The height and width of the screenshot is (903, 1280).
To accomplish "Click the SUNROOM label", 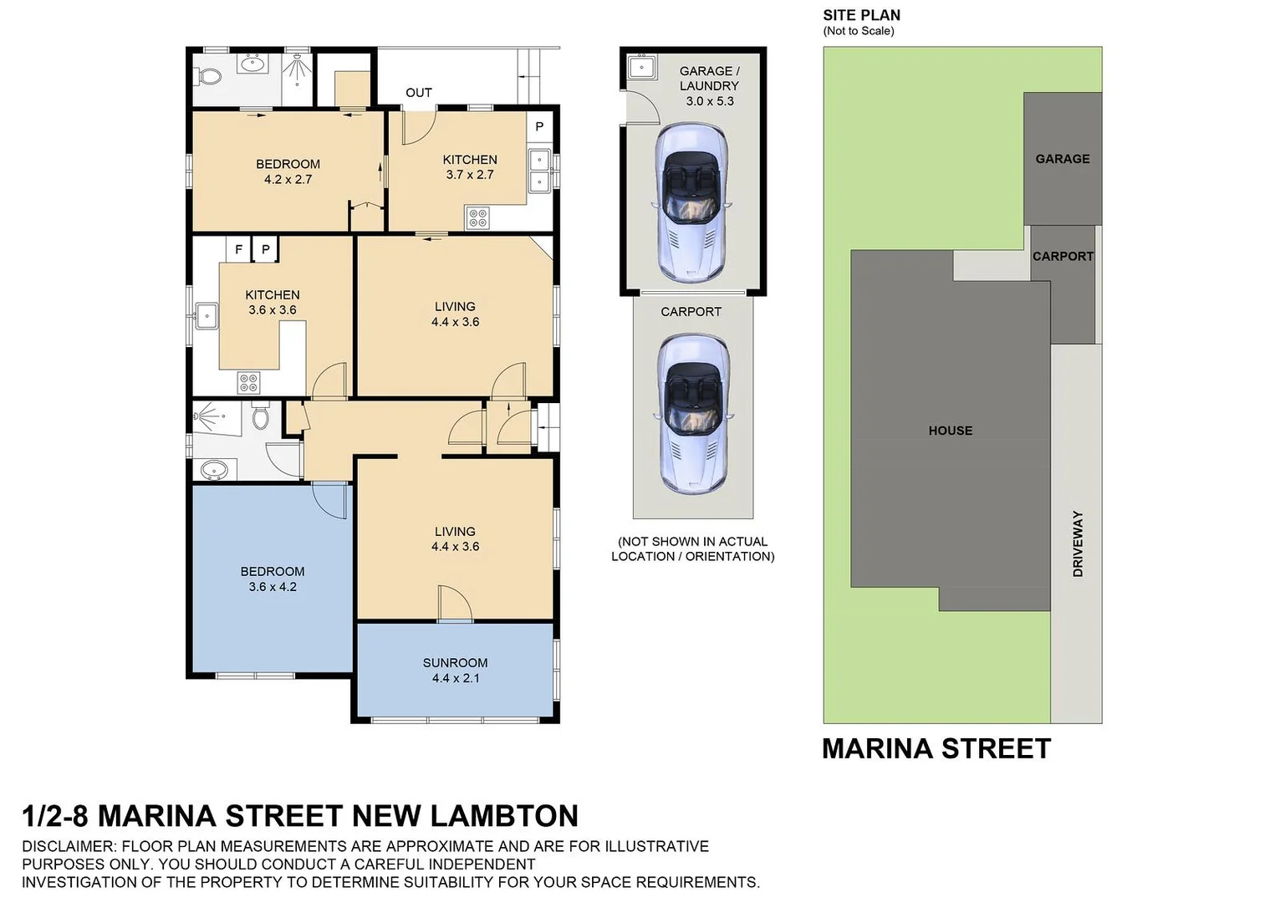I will pyautogui.click(x=455, y=662).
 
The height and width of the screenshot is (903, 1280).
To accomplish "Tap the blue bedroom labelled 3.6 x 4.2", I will pyautogui.click(x=273, y=579).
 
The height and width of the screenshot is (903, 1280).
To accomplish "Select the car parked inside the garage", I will pyautogui.click(x=691, y=201).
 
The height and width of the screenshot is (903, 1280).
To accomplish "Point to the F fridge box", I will pyautogui.click(x=238, y=249).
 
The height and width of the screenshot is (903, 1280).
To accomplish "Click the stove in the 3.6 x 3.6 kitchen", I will pyautogui.click(x=249, y=383).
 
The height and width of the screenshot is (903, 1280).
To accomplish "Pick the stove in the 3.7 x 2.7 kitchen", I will pyautogui.click(x=478, y=218).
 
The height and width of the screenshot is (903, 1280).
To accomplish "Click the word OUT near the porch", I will pyautogui.click(x=419, y=93).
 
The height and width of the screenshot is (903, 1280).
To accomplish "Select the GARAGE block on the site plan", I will pyautogui.click(x=1062, y=158).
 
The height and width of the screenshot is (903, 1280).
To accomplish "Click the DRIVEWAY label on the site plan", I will pyautogui.click(x=1078, y=543).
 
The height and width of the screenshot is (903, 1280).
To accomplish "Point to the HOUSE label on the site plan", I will pyautogui.click(x=950, y=431).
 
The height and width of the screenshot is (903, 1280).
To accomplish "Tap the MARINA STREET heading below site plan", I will pyautogui.click(x=936, y=748).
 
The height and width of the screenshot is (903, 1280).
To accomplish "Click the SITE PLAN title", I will pyautogui.click(x=861, y=15).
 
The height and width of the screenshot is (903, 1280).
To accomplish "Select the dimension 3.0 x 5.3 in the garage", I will pyautogui.click(x=709, y=101).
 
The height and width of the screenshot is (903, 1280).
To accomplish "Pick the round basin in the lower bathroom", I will pyautogui.click(x=215, y=470).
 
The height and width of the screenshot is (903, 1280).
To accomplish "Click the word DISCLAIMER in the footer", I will pyautogui.click(x=69, y=846).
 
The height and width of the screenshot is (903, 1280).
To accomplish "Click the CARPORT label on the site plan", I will pyautogui.click(x=1062, y=257).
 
